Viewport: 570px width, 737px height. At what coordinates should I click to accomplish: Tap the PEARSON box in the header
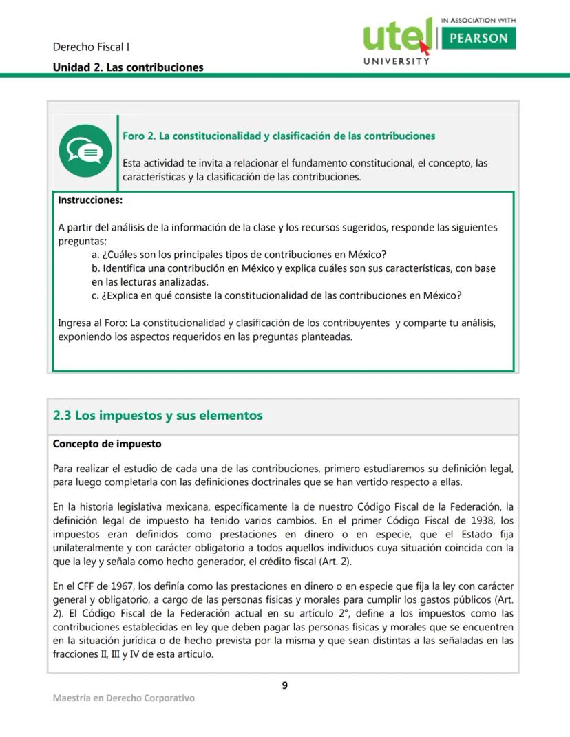point(478,39)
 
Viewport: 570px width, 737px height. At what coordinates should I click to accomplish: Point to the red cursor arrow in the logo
point(424,47)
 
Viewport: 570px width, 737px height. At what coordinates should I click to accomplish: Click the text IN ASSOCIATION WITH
point(478,21)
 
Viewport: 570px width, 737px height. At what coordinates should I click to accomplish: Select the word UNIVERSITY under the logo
point(397,61)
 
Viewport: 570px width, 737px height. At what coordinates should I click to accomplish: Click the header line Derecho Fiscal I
point(92,47)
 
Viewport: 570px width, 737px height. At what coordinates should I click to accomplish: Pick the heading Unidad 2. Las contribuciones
point(128,67)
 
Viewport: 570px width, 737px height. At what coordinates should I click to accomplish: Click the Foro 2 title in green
point(279,136)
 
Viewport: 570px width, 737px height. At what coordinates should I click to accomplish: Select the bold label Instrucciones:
point(90,200)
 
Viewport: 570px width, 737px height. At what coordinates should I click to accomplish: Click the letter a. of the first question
point(95,254)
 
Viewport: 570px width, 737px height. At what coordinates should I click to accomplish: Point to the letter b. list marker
point(96,268)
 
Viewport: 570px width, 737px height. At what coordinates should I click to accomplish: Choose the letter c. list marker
point(95,295)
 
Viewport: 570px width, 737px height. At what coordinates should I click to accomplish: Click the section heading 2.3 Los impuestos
point(158,416)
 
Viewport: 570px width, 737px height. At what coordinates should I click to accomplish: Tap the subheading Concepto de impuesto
point(107,444)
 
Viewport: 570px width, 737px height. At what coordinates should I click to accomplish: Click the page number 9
point(284,685)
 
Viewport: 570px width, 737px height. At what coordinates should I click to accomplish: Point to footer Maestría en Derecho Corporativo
point(124,698)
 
